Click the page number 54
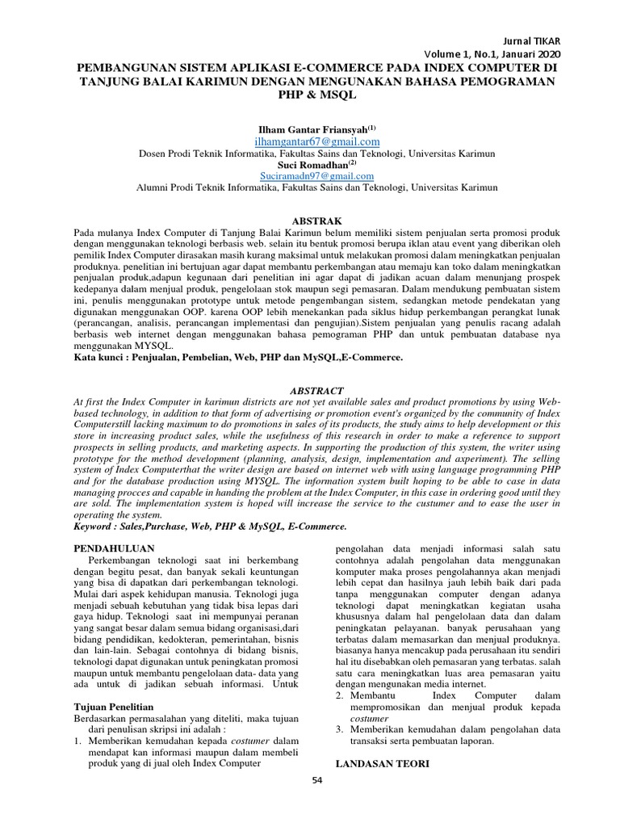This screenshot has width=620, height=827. [316, 802]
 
